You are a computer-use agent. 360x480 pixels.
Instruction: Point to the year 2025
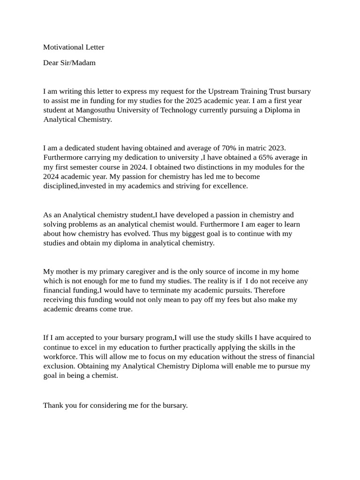pos(195,101)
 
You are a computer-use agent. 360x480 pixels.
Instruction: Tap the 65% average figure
pos(256,157)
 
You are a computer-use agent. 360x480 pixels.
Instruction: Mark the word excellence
pos(230,186)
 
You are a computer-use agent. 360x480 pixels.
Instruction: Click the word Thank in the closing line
pos(53,405)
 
